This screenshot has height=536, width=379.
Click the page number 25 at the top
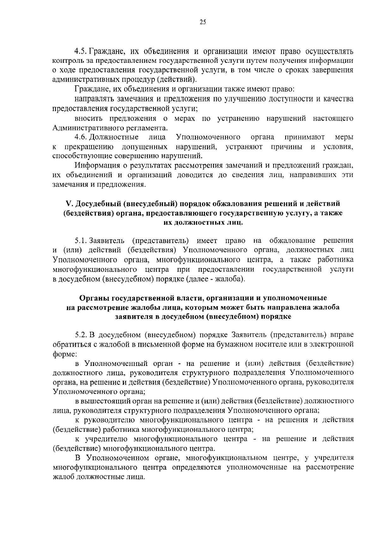click(x=203, y=22)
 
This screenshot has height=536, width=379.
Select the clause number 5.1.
click(x=81, y=241)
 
